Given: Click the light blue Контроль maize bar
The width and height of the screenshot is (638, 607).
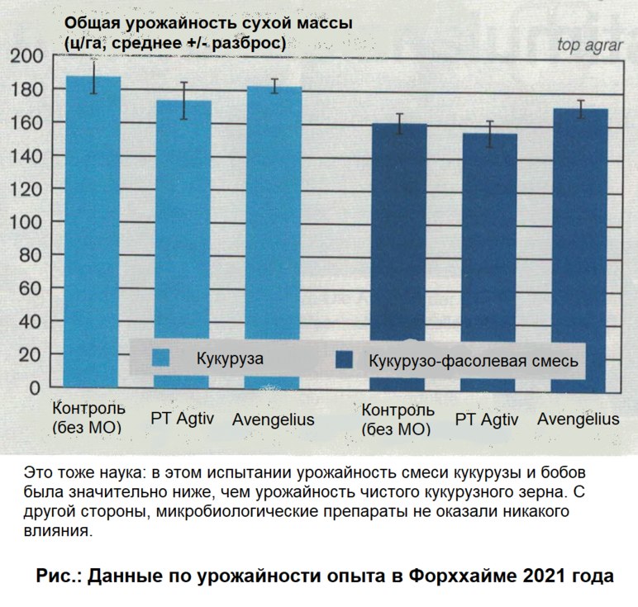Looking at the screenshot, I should point(93,231).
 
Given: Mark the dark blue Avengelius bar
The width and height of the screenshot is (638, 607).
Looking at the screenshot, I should point(579,239).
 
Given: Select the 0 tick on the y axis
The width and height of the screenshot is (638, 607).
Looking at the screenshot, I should point(34,388).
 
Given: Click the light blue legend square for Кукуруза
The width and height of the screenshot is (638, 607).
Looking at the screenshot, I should point(161,358).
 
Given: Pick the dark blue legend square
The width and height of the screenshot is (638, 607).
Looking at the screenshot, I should point(344,360).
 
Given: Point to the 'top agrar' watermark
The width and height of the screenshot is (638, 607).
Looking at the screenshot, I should point(590,46).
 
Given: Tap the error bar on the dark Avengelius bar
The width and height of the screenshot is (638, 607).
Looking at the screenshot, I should point(580,109).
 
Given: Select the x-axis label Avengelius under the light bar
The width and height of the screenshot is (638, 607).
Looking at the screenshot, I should point(272,420).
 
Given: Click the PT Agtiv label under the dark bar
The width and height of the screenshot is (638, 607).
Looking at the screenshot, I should point(488,420).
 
